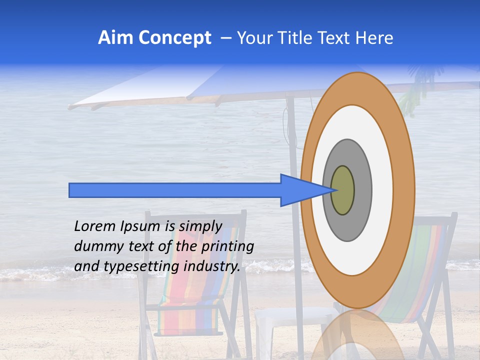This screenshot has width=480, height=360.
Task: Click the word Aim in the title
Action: click(116, 38)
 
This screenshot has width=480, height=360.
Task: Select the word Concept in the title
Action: click(174, 38)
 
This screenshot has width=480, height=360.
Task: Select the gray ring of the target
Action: click(362, 190)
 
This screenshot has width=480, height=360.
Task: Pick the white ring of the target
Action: click(382, 190)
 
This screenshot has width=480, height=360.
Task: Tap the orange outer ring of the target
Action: click(404, 190)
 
